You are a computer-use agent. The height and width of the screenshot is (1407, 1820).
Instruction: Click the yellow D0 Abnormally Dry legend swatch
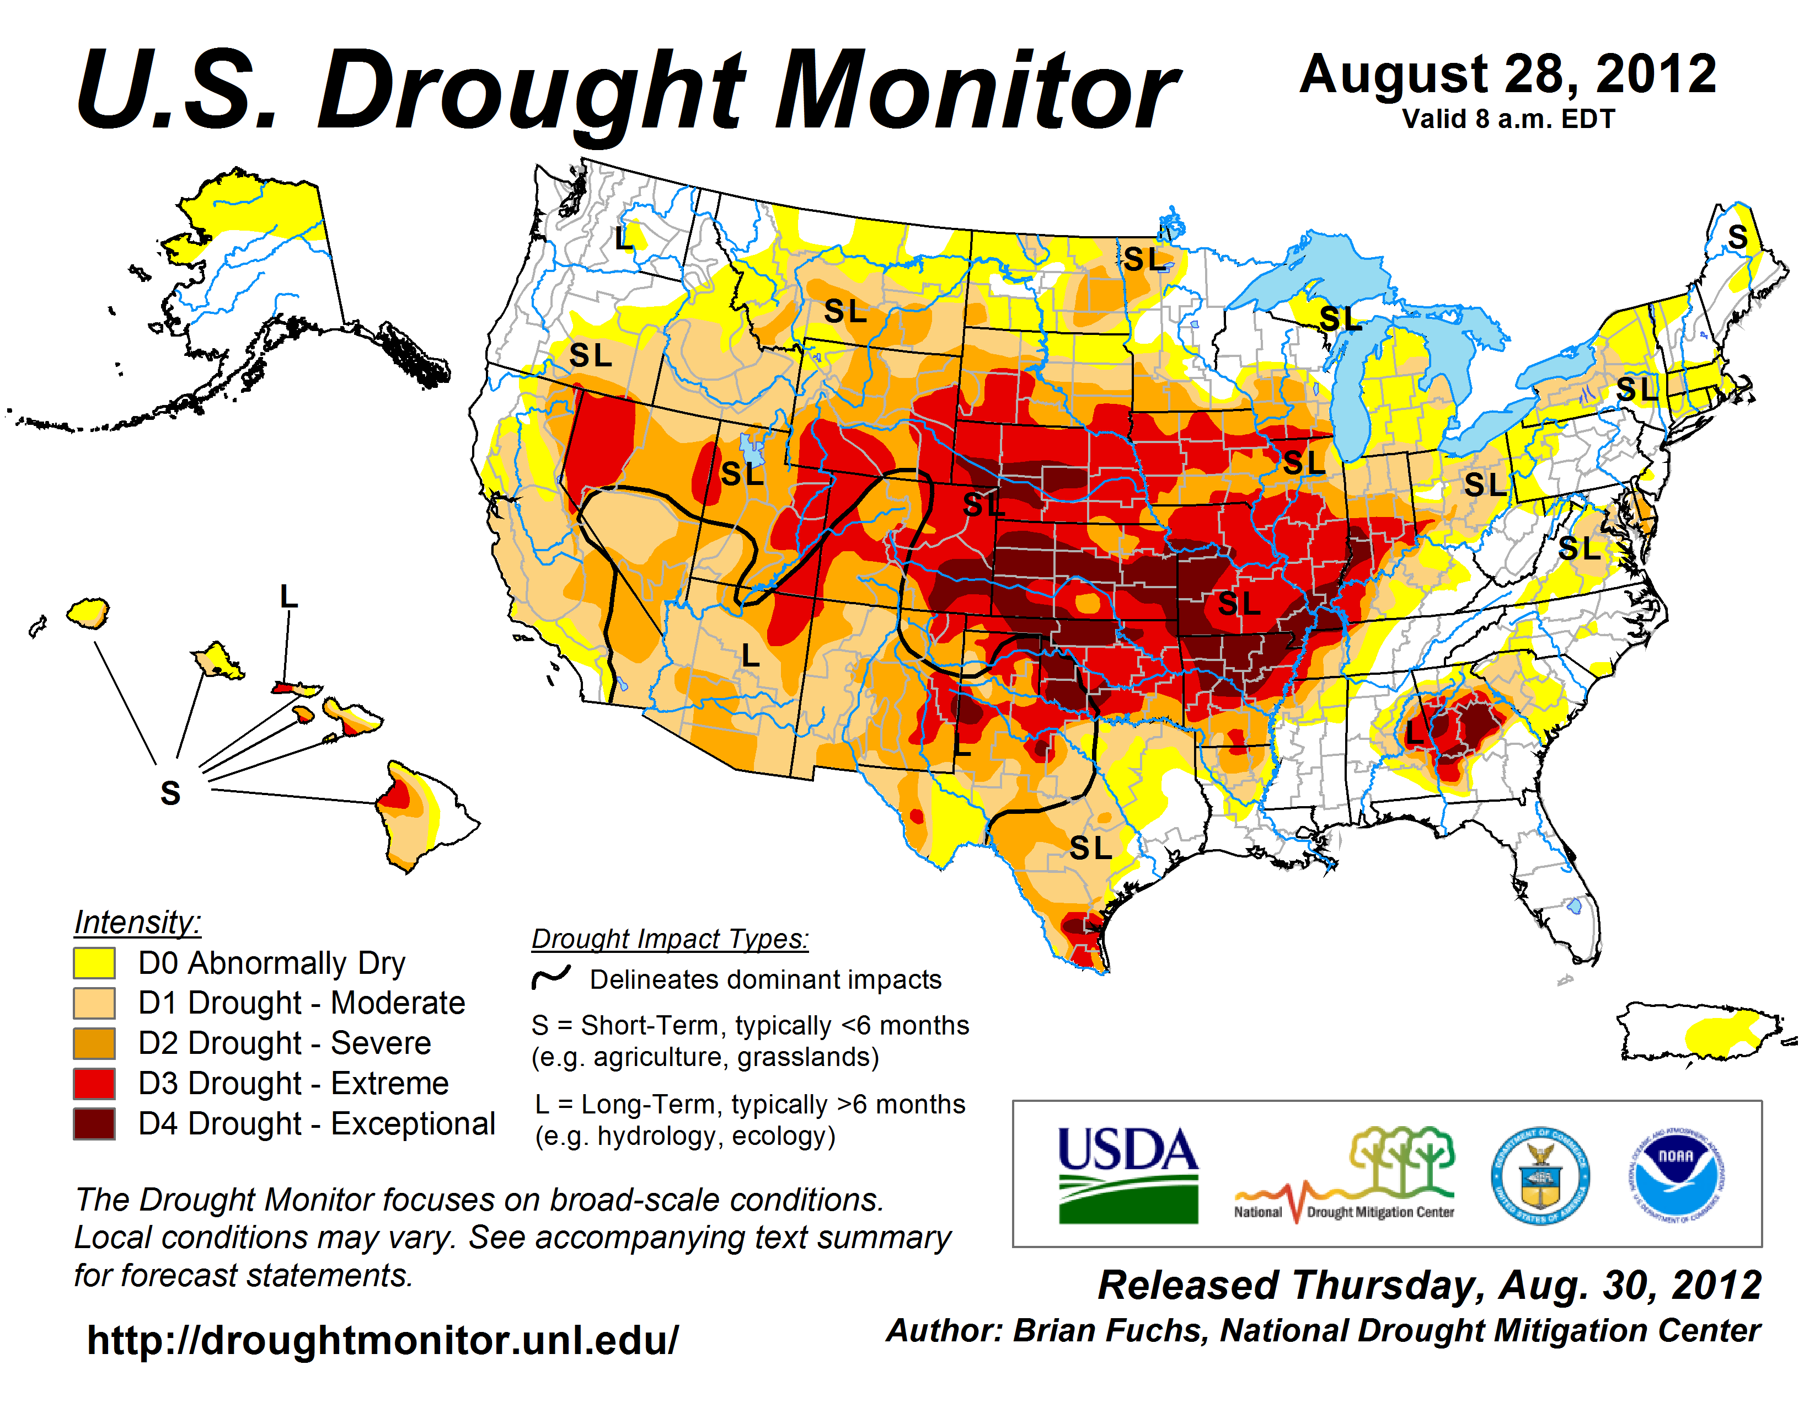coord(93,963)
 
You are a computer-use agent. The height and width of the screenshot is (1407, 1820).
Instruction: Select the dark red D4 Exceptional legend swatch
coord(93,1123)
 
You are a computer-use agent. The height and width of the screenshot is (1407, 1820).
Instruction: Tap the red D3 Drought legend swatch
coord(93,1084)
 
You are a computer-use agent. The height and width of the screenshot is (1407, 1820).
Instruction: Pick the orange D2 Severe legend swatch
coord(93,1043)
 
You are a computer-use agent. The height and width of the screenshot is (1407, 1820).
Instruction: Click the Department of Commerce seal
coord(1540,1175)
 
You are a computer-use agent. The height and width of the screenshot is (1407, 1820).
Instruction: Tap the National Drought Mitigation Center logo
coord(1344,1175)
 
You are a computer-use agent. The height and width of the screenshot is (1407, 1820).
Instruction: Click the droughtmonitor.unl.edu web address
coord(383,1340)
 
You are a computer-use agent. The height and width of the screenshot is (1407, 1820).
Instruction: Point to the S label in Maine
coord(1737,238)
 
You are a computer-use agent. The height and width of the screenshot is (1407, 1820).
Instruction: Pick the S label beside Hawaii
coord(170,793)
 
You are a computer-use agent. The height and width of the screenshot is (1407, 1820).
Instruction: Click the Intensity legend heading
coord(137,923)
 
